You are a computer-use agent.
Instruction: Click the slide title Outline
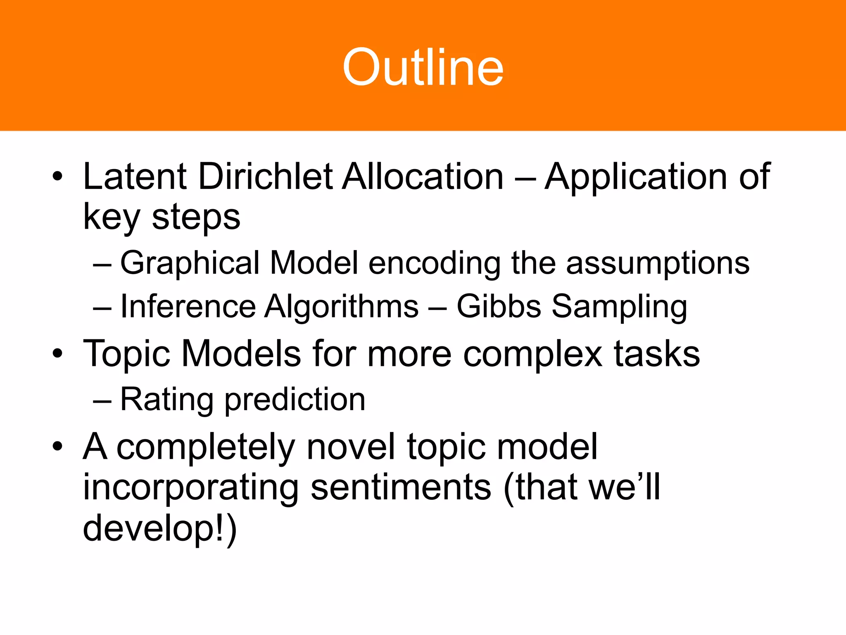tap(423, 67)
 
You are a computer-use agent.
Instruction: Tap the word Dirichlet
tap(266, 177)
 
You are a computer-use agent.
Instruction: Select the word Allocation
tap(423, 177)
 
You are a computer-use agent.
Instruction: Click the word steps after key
tap(196, 218)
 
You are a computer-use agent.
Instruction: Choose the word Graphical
tap(190, 264)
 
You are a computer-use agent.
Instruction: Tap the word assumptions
tap(658, 264)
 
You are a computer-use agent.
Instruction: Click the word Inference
tap(188, 307)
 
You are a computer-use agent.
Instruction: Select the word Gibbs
tap(499, 307)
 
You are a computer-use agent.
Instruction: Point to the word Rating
tap(166, 400)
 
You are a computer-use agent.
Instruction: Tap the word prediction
tap(295, 400)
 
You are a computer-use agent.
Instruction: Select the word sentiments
tap(401, 488)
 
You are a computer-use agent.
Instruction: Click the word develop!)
tap(160, 529)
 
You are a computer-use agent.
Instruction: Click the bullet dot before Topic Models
tap(57, 354)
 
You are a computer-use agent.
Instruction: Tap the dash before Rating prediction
tap(102, 400)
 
